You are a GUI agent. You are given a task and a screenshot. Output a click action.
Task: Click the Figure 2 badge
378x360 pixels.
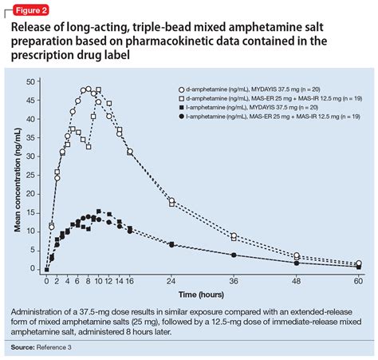point(27,10)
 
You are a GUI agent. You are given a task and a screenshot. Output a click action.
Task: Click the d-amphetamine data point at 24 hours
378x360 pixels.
point(171,201)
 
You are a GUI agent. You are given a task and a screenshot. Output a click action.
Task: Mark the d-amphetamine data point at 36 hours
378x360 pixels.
point(234,236)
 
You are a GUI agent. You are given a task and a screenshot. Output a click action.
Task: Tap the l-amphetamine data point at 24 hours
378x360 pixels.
point(171,244)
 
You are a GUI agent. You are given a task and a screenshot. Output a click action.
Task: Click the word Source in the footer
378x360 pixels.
point(24,347)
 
